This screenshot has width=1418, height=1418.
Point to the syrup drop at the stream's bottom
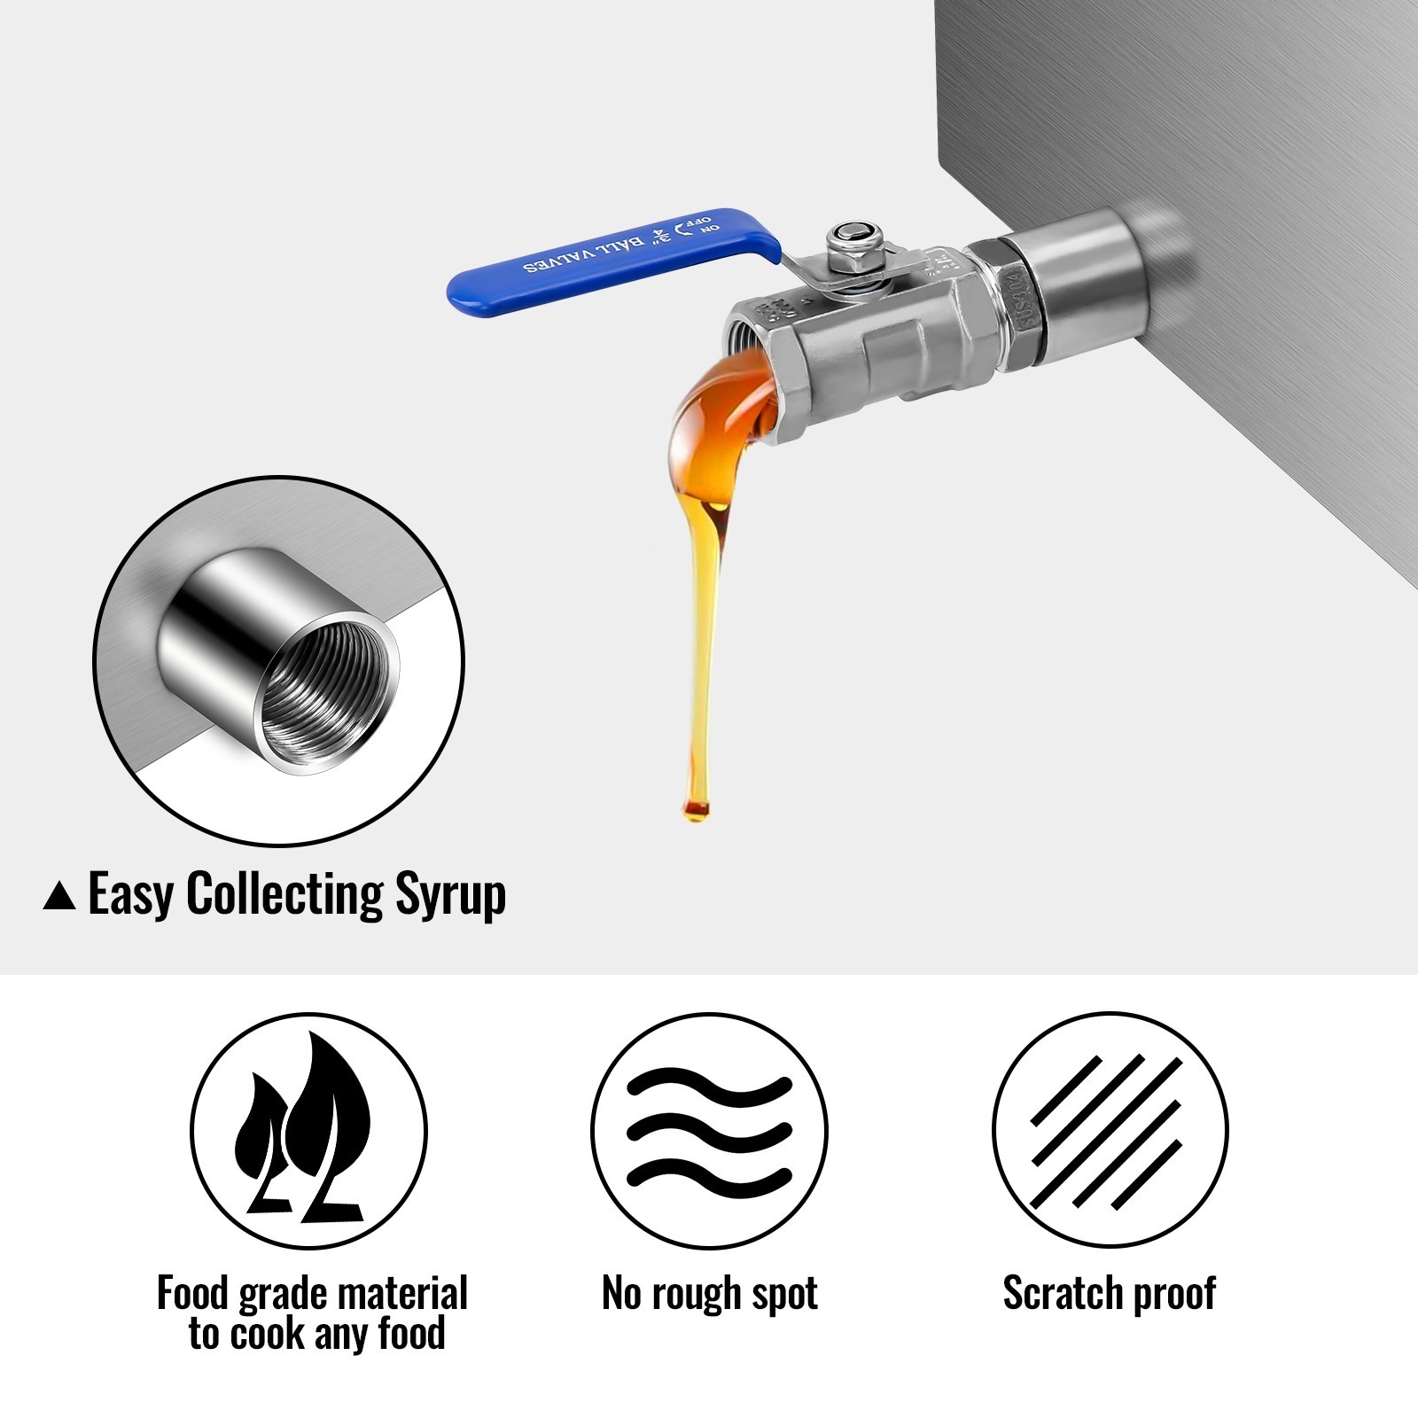coord(697,808)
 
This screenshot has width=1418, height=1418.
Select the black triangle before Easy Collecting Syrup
coord(59,896)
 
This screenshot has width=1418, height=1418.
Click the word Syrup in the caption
coord(450,894)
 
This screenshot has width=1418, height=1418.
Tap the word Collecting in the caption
coord(284,894)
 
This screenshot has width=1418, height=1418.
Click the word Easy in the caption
coord(130,894)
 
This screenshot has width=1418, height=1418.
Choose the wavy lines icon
coord(709,1131)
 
